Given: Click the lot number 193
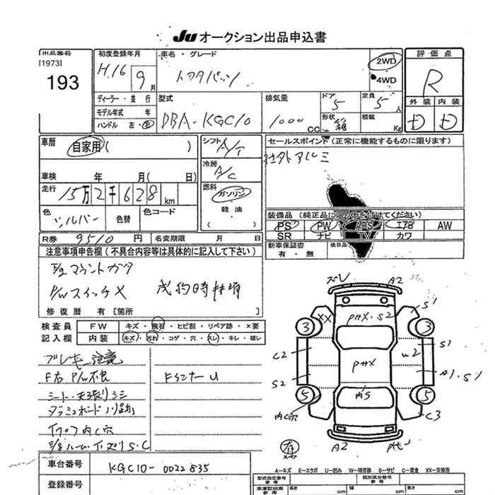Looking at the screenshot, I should point(65,83).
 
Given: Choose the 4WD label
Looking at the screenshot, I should point(387,81).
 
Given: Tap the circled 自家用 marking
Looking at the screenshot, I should point(85,147).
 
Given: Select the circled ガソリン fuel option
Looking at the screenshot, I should point(231,192).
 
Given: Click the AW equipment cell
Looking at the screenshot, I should point(444,226).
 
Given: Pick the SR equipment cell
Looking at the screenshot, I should point(284,236).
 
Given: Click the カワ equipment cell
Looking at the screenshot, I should point(405,236).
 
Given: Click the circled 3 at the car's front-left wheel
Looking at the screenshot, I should point(305,327).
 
